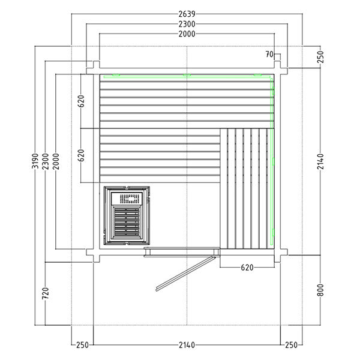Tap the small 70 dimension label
click(x=269, y=55)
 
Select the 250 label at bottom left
click(x=82, y=346)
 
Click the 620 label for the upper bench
click(x=82, y=101)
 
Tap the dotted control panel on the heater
click(x=129, y=197)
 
